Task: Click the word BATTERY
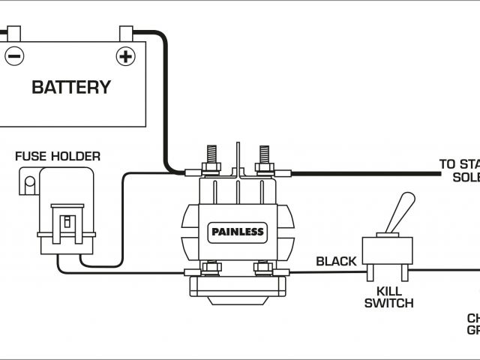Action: (x=71, y=86)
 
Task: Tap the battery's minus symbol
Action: (x=14, y=55)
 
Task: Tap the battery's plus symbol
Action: (x=125, y=55)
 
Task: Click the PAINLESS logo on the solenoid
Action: (x=236, y=232)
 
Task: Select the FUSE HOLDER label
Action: (x=58, y=157)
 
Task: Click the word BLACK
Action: (x=336, y=261)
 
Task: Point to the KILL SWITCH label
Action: (x=388, y=297)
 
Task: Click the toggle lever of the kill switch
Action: (x=402, y=213)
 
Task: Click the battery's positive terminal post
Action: (x=126, y=33)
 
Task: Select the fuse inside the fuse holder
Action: (x=67, y=221)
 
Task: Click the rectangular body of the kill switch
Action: (x=386, y=249)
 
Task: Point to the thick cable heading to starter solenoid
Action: (x=367, y=174)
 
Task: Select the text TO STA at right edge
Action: (x=458, y=164)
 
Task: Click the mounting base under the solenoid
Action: (x=236, y=289)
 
